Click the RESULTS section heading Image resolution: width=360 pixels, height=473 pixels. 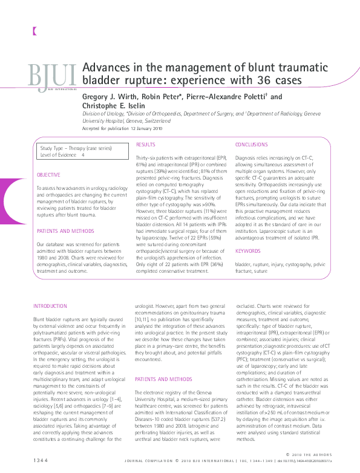click(145, 145)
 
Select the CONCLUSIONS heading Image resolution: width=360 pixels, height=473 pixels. click(251, 145)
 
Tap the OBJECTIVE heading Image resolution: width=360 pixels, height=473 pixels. click(49, 175)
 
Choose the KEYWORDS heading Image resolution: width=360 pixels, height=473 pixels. click(247, 250)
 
